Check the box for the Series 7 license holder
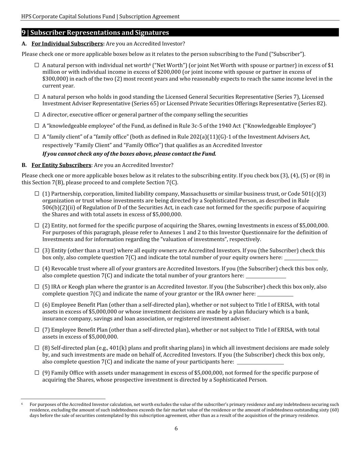click(37, 97)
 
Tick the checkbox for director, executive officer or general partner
click(37, 114)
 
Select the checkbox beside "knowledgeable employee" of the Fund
click(37, 126)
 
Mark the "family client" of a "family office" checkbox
click(37, 137)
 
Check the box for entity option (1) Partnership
click(37, 194)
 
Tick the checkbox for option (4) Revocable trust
click(37, 268)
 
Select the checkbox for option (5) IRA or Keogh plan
click(37, 286)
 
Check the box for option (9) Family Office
click(37, 372)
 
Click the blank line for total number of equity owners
click(301, 258)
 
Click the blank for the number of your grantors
click(266, 276)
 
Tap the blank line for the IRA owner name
click(275, 294)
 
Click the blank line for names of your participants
click(260, 362)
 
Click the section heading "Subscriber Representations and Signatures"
click(100, 33)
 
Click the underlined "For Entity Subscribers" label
click(61, 165)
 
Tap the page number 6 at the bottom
click(176, 429)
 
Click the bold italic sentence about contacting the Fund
click(129, 154)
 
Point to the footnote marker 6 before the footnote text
click(22, 404)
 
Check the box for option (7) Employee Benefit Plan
click(37, 329)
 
